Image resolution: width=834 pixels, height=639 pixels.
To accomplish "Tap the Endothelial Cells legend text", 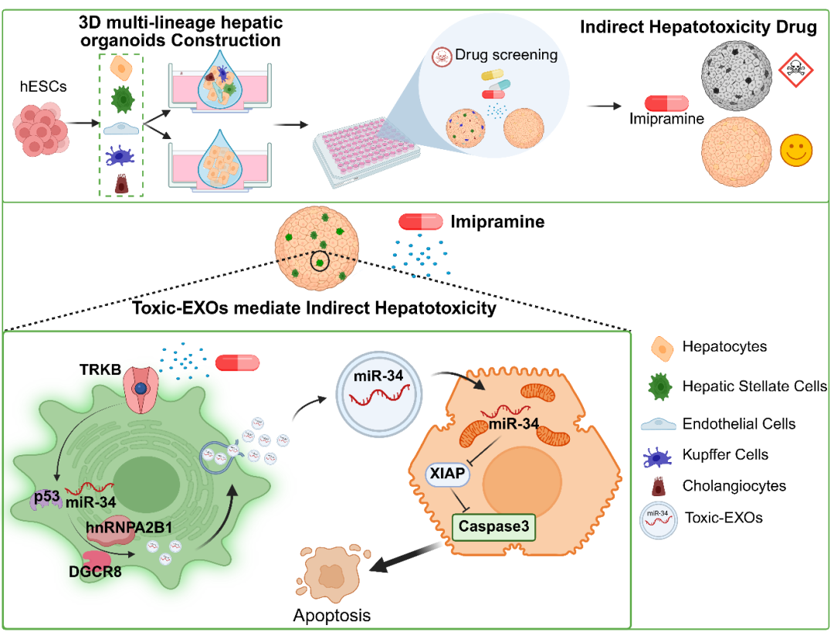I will click(x=738, y=424).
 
